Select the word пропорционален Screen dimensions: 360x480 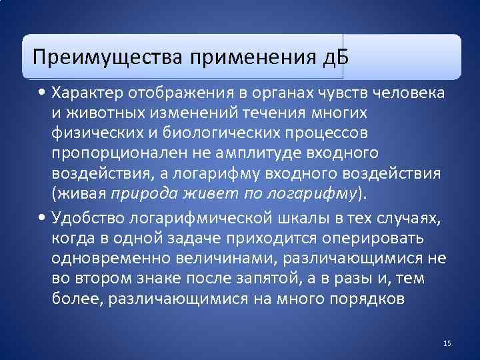click(x=113, y=153)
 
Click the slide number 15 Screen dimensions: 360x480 click(x=447, y=343)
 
